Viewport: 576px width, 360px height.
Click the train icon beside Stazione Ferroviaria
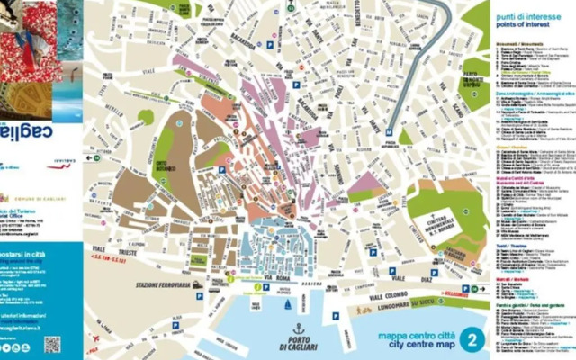(x=197, y=285)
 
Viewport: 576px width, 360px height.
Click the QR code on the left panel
(x=52, y=344)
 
